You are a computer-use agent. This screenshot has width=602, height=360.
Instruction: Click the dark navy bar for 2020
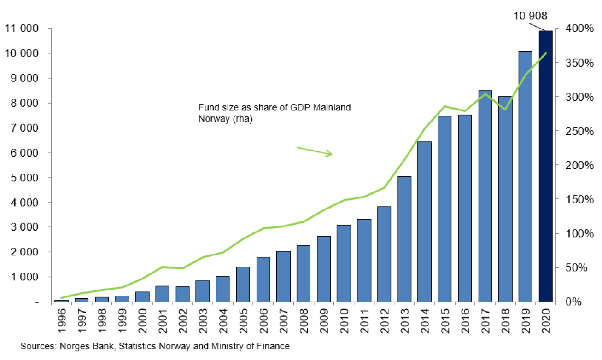545,166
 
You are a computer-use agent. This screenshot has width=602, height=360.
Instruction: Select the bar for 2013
404,239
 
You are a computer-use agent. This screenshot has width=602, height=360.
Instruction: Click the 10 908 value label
531,16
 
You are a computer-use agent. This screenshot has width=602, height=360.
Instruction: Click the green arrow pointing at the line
314,151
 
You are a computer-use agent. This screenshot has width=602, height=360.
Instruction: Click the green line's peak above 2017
485,94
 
